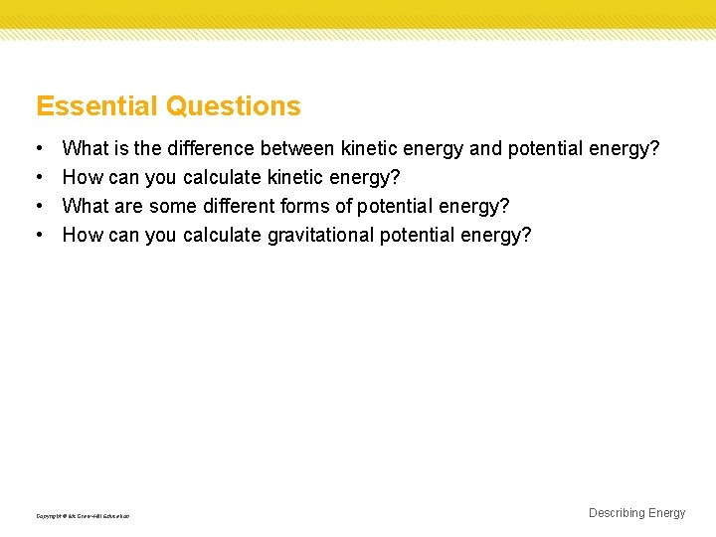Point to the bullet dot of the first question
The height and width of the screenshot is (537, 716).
[x=38, y=149]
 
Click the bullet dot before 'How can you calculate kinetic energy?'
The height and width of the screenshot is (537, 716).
[x=38, y=178]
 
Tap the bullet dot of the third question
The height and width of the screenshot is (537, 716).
[x=38, y=206]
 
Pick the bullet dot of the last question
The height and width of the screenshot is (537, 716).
[x=38, y=235]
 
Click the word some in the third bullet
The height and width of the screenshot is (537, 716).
[x=173, y=206]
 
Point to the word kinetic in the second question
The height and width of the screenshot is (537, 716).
[x=293, y=178]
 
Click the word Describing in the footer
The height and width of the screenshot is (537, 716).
[x=617, y=513]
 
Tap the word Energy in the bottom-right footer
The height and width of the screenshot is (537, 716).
[x=666, y=513]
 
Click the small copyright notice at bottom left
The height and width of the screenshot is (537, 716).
[x=83, y=516]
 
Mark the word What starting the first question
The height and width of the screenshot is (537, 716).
[x=85, y=149]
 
